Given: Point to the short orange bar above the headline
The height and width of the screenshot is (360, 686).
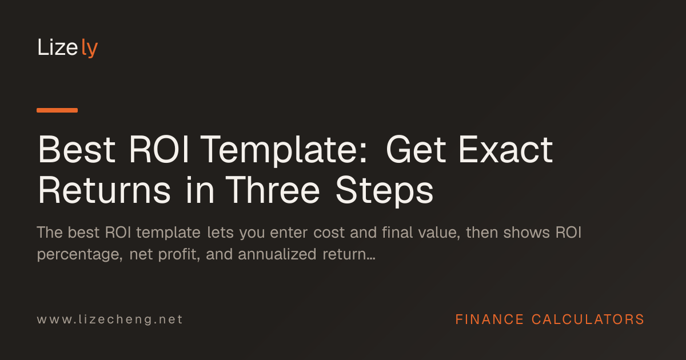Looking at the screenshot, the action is (x=57, y=110).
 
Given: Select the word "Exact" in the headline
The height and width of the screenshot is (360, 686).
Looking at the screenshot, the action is (x=505, y=150).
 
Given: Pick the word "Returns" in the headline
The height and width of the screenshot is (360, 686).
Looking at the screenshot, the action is (x=104, y=190).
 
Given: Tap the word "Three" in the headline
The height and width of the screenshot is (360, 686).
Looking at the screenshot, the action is (x=273, y=190).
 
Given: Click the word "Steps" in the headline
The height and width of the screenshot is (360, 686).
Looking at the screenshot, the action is (x=385, y=191).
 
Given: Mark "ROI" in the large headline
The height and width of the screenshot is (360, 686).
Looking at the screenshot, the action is (x=159, y=150).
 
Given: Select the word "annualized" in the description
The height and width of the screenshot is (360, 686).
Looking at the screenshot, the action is (x=277, y=254).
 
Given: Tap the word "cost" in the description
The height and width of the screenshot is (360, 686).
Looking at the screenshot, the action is (x=329, y=233).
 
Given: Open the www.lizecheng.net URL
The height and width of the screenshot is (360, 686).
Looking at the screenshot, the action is (x=110, y=319).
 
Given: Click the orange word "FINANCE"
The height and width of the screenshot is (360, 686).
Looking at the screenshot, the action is (x=489, y=319).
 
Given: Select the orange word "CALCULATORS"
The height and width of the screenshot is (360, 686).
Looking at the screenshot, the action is (x=588, y=319).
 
